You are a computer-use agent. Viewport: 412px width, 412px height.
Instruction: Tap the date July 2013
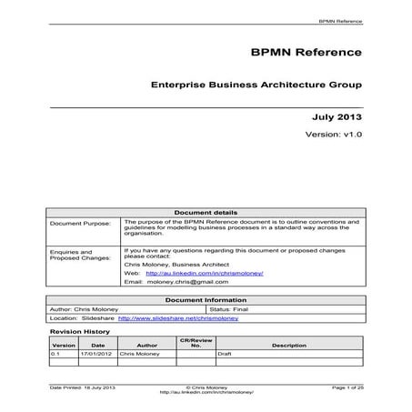337,117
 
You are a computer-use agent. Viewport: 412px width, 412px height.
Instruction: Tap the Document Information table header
205,300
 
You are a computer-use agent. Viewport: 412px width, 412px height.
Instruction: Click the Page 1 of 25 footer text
347,387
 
